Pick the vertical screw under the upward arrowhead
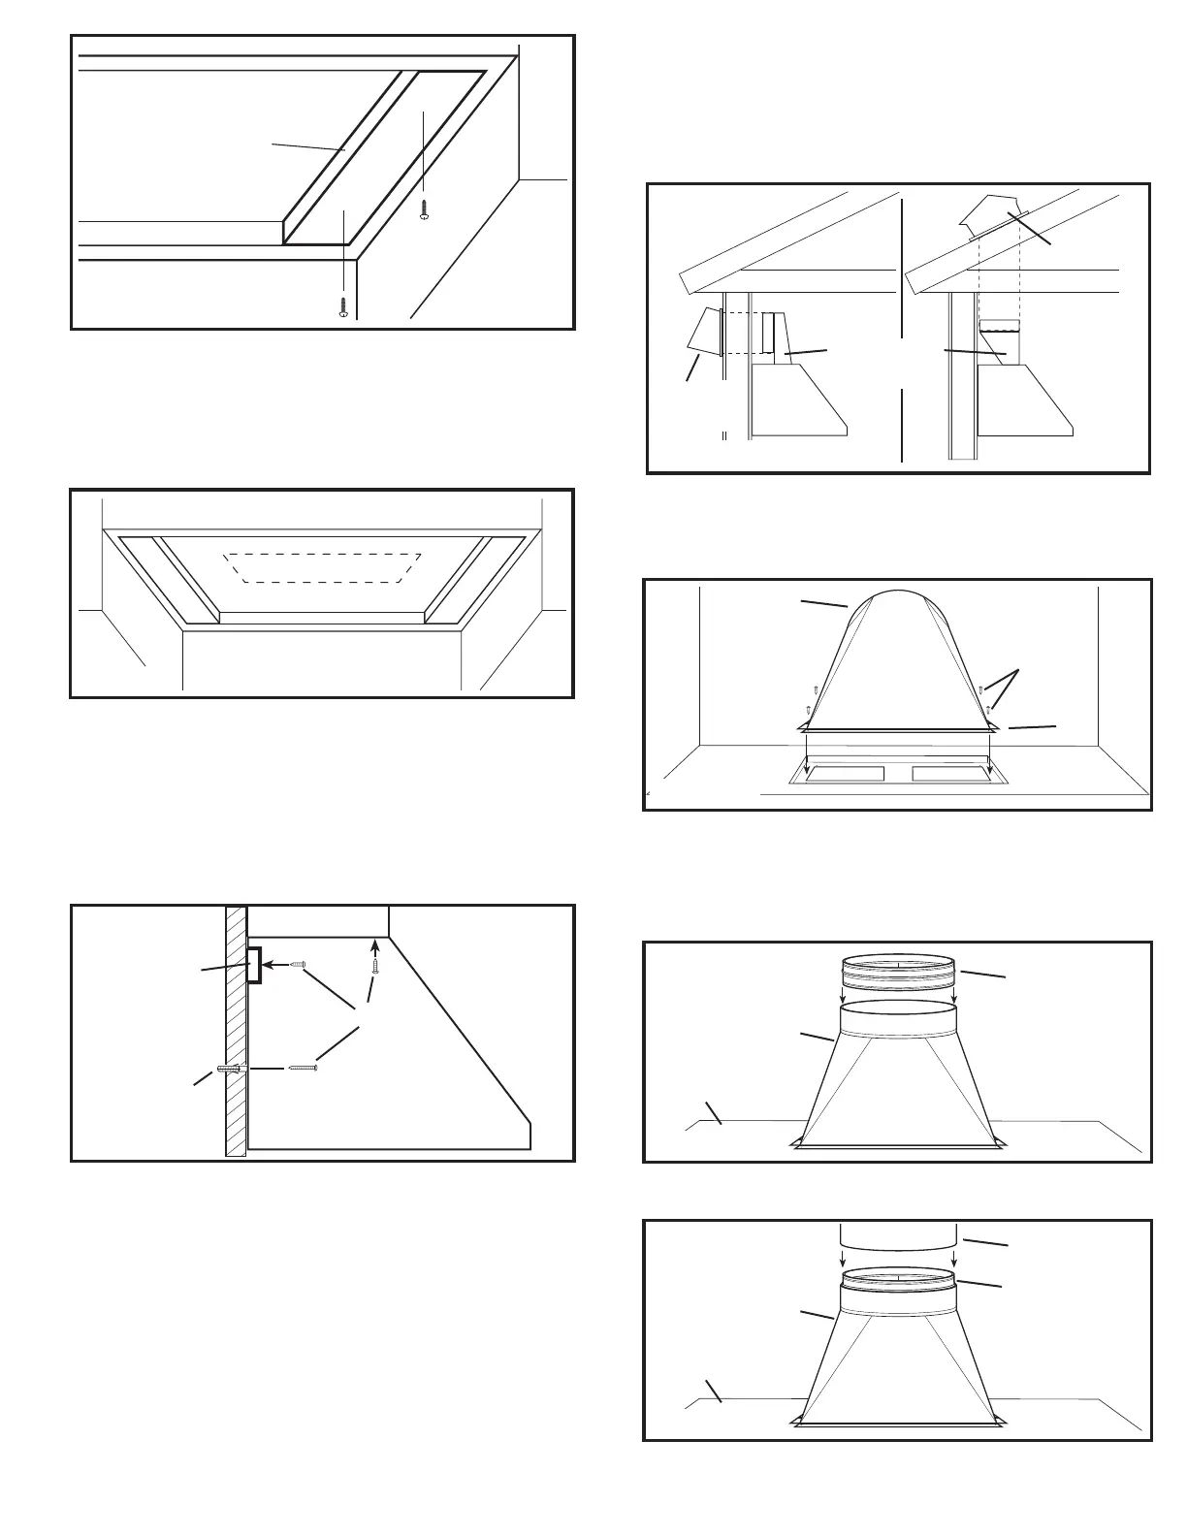pos(375,966)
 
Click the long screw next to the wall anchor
pos(303,1068)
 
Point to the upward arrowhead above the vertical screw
pos(375,944)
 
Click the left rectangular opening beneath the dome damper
pos(846,774)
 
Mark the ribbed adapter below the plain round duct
pos(899,1279)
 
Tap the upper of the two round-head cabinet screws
pos(424,209)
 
